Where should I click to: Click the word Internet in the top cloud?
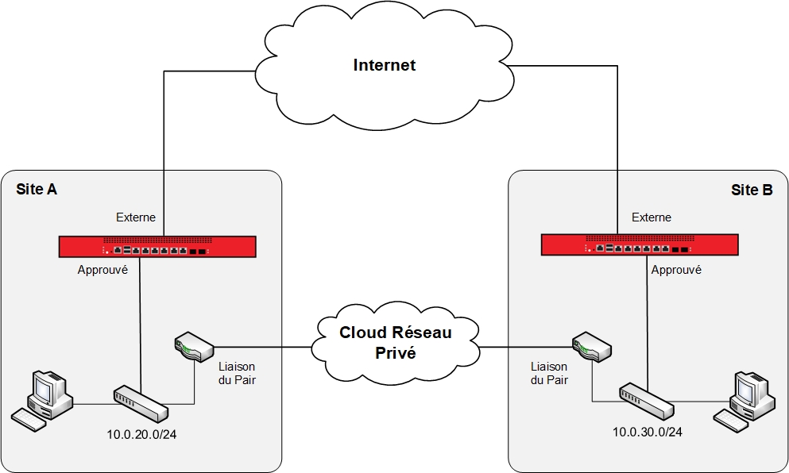384,65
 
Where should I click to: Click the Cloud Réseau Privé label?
395,342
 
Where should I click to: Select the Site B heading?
752,190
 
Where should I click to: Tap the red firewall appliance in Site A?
157,247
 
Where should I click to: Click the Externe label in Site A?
136,217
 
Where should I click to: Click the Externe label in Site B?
651,217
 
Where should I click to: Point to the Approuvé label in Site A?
102,270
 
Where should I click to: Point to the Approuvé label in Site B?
676,270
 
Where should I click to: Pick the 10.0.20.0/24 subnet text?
141,434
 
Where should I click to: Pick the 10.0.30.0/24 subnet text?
647,432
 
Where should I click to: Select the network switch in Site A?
141,403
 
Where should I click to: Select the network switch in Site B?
646,402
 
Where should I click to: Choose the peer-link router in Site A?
193,347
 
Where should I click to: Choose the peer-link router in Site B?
591,347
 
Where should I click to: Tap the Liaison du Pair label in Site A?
237,372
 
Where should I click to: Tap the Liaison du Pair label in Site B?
549,372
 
